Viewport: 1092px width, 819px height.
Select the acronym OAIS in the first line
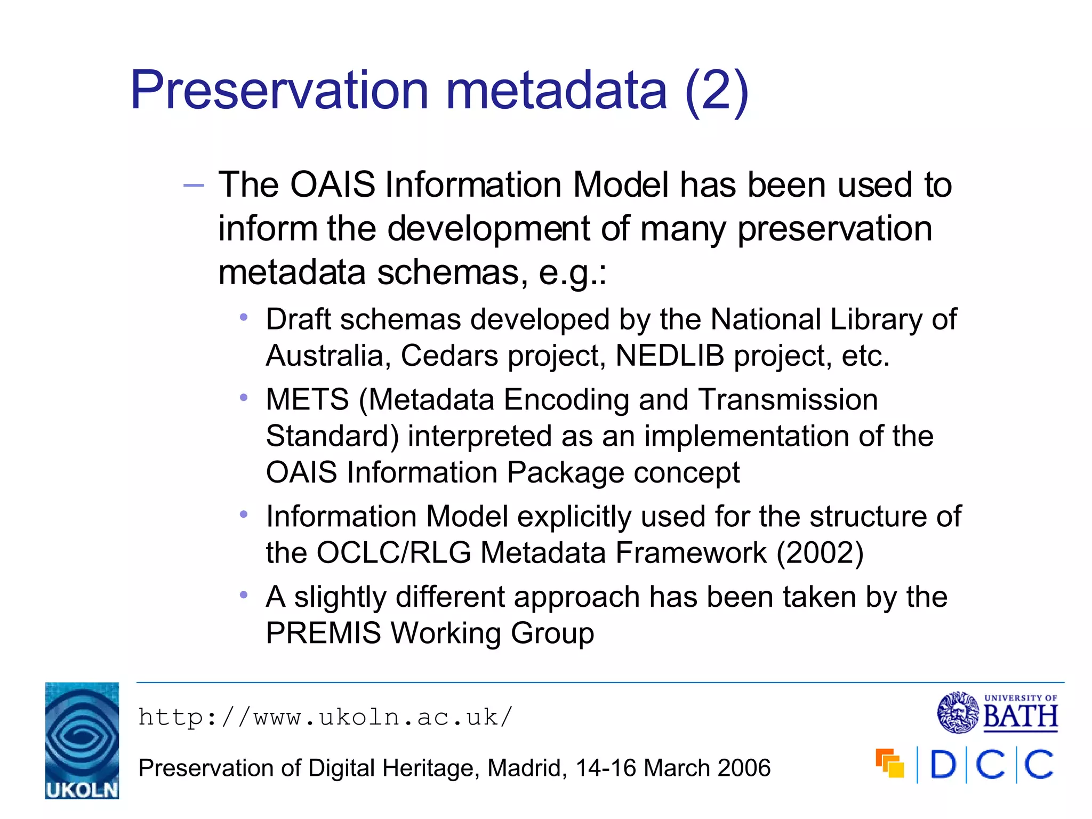[x=332, y=185]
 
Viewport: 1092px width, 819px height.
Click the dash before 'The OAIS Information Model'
[x=193, y=186]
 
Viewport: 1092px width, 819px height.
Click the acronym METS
[x=307, y=400]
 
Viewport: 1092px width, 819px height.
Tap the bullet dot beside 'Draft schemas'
[x=244, y=318]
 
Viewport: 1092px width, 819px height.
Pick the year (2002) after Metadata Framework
[x=820, y=553]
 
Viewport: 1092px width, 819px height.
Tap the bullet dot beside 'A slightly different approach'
[x=244, y=595]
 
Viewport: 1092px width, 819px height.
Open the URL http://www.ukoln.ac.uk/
[x=325, y=717]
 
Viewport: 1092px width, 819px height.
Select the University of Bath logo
[x=998, y=712]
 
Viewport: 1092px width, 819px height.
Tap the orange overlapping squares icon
[x=890, y=764]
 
